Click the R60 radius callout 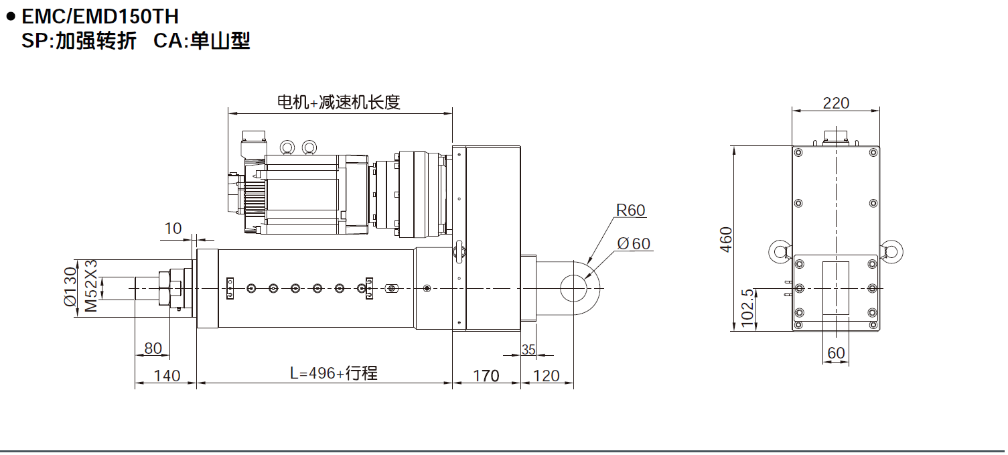click(x=630, y=210)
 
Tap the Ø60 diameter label click(x=634, y=243)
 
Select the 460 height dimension click(x=726, y=239)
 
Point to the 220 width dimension click(x=836, y=103)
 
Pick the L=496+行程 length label click(x=333, y=373)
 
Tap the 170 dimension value click(x=486, y=375)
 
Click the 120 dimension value click(x=547, y=375)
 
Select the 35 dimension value click(x=528, y=349)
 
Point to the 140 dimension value click(x=166, y=375)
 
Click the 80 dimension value click(x=153, y=348)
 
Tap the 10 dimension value click(x=173, y=229)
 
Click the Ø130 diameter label click(x=70, y=286)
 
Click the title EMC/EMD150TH click(x=100, y=15)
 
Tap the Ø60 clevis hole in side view click(x=574, y=288)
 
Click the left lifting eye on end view click(x=780, y=251)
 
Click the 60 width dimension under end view click(x=836, y=352)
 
